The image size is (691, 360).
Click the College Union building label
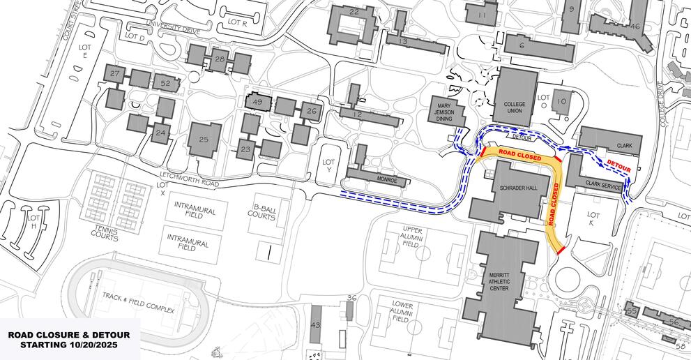(515, 108)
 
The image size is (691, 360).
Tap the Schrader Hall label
(517, 188)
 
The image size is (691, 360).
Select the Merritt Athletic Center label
(500, 280)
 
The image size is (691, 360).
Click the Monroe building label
(387, 179)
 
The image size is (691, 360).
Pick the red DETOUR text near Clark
(618, 165)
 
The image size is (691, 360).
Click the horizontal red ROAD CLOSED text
(520, 158)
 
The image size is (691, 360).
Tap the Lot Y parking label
(330, 166)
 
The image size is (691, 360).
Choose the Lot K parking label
(593, 220)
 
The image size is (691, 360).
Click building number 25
(204, 140)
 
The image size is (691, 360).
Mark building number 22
(354, 12)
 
